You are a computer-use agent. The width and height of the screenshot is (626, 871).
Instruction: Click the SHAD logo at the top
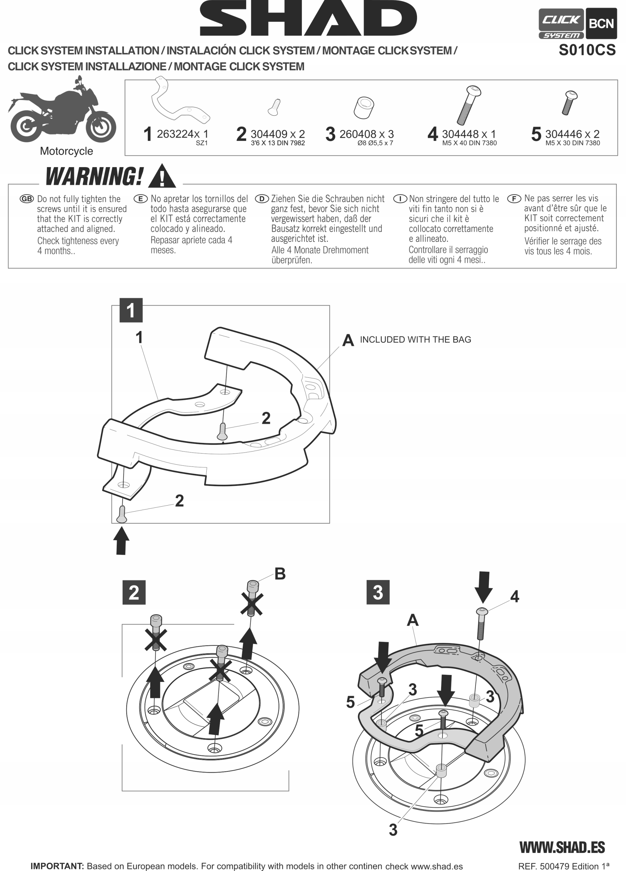(308, 18)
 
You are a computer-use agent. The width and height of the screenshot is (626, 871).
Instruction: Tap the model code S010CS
(587, 50)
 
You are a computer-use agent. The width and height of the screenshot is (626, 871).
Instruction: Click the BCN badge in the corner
(601, 24)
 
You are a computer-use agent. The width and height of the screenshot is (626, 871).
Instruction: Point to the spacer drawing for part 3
(364, 108)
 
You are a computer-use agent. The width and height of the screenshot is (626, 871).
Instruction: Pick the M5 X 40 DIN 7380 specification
(469, 143)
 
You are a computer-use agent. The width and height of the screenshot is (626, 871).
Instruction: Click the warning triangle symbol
(162, 177)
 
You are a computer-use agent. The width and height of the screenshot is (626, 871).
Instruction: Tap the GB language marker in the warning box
(27, 199)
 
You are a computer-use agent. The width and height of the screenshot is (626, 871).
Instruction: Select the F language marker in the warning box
(514, 199)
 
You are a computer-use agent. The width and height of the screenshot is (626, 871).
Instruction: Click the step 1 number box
(131, 310)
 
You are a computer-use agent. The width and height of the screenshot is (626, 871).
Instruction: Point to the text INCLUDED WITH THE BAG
(415, 340)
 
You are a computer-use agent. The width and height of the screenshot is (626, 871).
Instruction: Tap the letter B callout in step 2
(280, 574)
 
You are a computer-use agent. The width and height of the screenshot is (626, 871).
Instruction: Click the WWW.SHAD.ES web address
(562, 847)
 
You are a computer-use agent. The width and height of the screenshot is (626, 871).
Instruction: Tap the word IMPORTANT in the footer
(57, 866)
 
